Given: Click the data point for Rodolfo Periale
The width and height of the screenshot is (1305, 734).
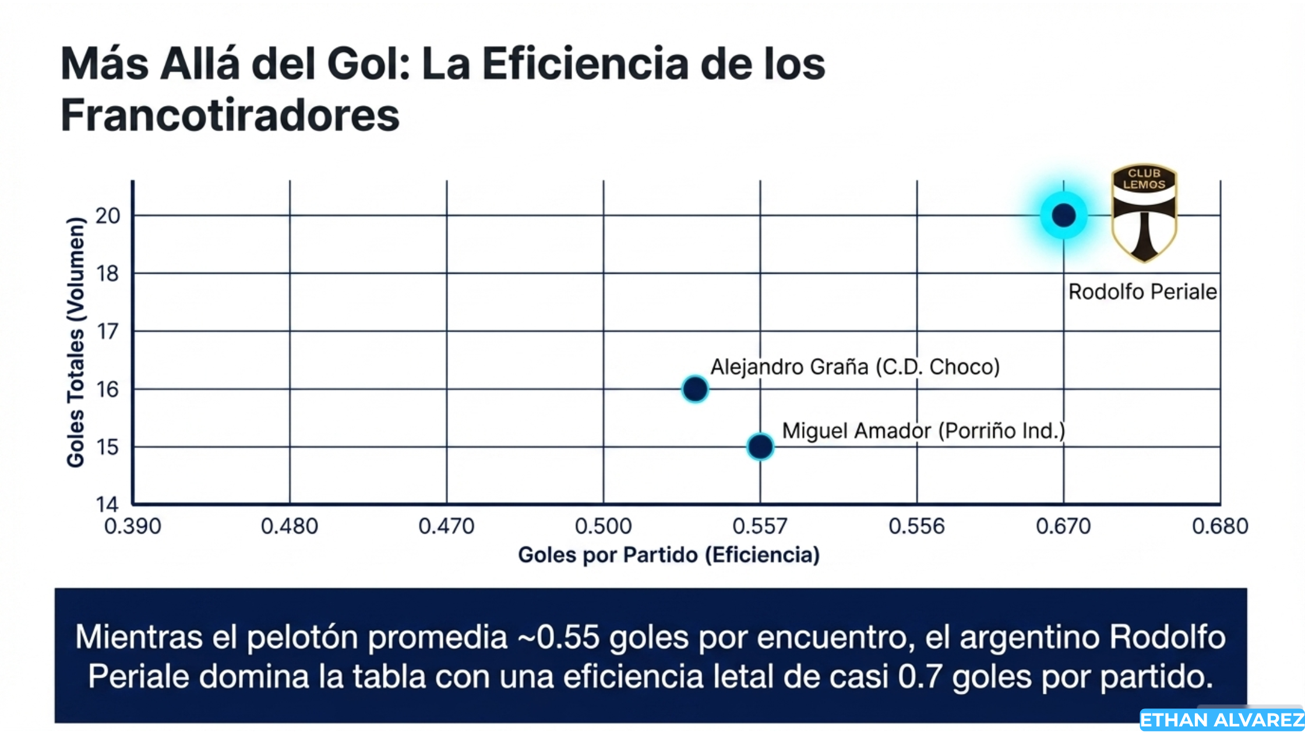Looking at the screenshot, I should coord(1063,216).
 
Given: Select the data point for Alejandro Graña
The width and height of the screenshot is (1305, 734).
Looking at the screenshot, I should coord(695,389).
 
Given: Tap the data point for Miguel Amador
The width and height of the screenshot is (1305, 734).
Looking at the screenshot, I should coord(760,447).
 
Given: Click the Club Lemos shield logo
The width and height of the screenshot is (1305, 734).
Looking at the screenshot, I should coord(1144,213).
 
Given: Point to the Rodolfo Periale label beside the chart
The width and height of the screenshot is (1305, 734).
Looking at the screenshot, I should coord(1142,292).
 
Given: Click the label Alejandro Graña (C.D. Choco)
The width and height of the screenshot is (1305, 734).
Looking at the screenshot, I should coord(855,367).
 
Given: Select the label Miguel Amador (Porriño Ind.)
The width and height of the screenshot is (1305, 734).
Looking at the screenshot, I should coord(923,431).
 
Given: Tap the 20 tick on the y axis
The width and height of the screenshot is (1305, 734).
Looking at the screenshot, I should coord(108,216).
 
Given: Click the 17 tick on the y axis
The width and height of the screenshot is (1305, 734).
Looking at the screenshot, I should coord(108,331).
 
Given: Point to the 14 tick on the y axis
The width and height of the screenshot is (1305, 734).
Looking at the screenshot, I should coord(108,504).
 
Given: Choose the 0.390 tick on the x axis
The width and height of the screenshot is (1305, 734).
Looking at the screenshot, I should coord(132,527).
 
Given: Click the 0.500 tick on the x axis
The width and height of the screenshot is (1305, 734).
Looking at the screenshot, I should coord(603,527).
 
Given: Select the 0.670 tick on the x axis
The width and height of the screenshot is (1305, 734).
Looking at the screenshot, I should coord(1063,527).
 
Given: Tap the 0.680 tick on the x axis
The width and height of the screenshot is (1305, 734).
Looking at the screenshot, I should coord(1220,527).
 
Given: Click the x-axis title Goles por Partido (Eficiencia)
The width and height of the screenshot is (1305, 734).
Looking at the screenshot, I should coord(669,555).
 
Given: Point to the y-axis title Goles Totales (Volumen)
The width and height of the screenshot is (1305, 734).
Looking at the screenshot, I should coord(76,343).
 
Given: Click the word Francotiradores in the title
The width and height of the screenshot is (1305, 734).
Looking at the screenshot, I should coord(230,115).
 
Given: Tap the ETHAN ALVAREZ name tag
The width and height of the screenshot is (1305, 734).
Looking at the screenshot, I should coord(1222,721).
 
